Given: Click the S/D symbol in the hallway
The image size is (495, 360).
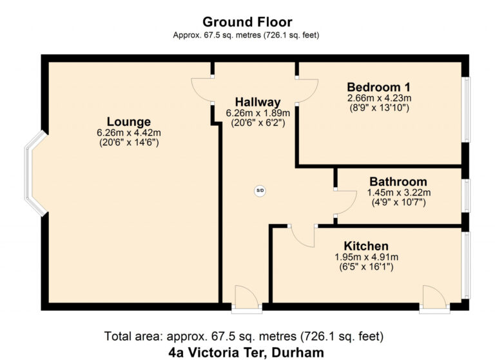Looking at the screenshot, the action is pos(260,190).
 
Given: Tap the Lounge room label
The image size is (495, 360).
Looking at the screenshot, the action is pos(128,122).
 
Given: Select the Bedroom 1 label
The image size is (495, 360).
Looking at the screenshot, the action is pos(379,87).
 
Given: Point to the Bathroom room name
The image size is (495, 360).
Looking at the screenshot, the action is pos(398,182).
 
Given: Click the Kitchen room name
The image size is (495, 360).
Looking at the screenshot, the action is pos(366,246).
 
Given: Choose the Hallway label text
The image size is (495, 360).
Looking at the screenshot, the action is pos(258,102).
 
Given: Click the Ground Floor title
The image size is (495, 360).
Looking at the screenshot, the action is pos(247,22).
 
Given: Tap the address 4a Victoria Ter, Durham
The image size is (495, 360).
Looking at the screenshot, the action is pos(246,352).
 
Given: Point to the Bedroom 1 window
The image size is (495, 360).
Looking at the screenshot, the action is pos(466,110).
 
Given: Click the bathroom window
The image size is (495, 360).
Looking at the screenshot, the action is pos(466,195).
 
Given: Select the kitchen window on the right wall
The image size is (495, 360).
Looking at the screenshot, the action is pos(466,265).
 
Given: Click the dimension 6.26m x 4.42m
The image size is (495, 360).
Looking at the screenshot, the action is pos(129,133).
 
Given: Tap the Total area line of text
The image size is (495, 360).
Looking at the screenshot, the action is pos(244,336).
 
